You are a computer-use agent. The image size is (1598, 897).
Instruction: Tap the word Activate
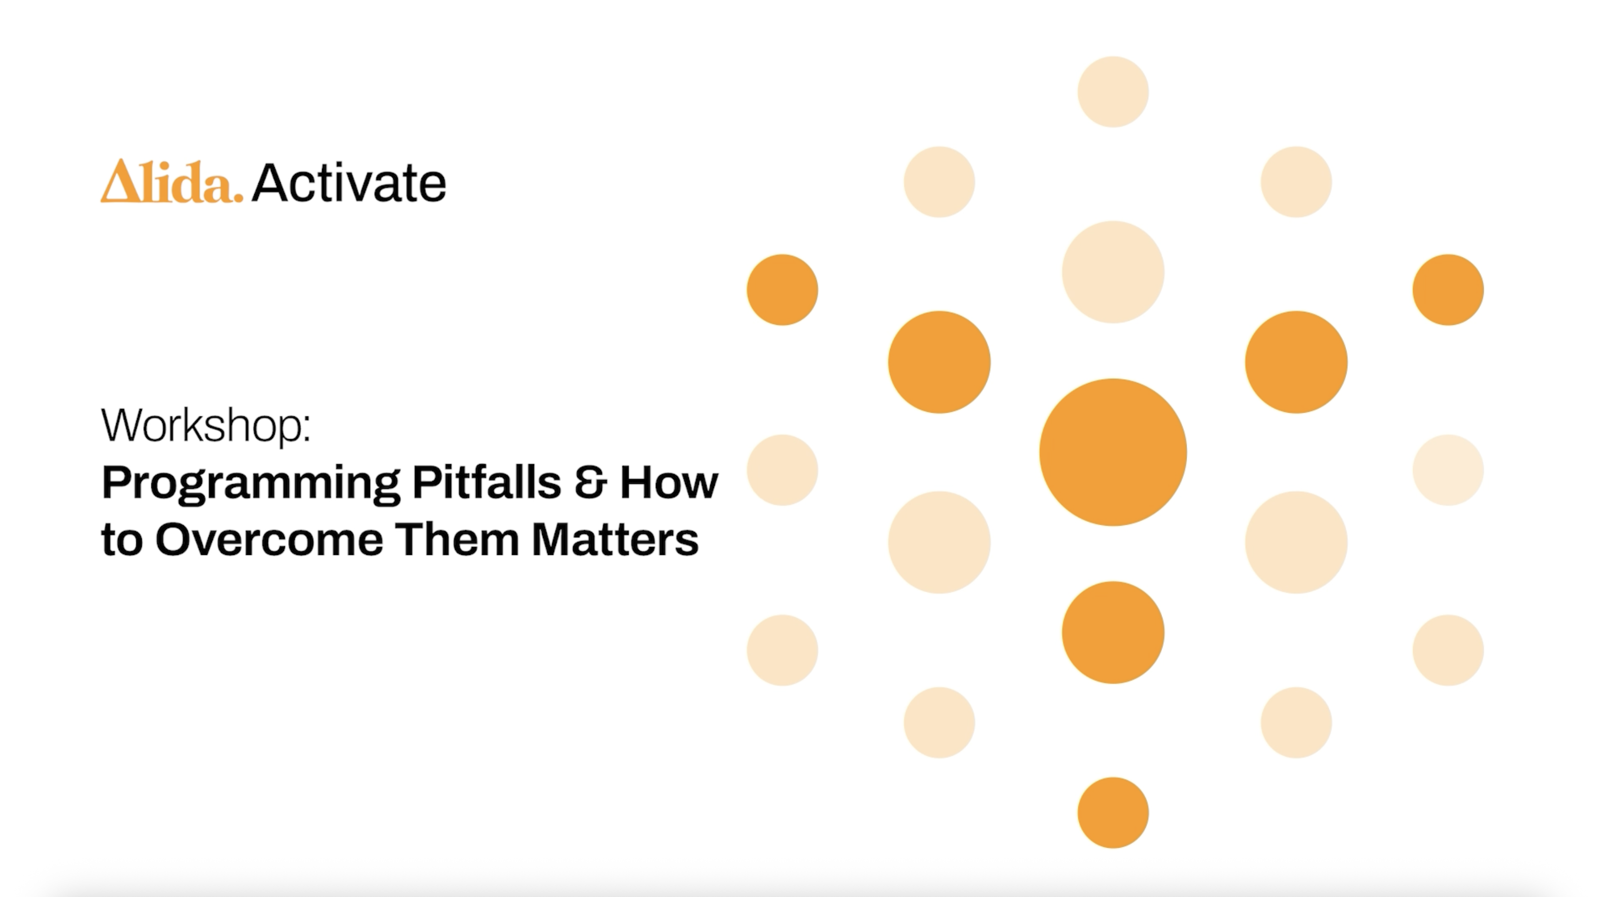coord(349,183)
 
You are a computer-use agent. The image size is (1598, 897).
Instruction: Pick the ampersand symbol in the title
coord(590,482)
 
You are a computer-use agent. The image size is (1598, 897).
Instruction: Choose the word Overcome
coord(269,539)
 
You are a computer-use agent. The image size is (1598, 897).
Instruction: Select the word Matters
coord(615,539)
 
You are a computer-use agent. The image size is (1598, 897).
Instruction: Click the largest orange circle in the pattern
coord(1113,452)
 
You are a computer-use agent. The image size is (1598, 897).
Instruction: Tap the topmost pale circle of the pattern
coord(1113,92)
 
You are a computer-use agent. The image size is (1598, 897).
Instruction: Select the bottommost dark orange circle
coord(1113,812)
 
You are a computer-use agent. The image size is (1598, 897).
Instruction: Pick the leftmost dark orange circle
coord(782,290)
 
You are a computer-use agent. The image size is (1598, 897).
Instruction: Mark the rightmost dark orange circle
coord(1448,290)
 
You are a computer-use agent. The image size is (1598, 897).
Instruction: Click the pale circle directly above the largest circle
coord(1113,272)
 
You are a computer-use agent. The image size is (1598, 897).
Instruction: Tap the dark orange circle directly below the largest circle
coord(1113,632)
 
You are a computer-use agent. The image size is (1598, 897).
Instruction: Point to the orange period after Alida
coord(238,197)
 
